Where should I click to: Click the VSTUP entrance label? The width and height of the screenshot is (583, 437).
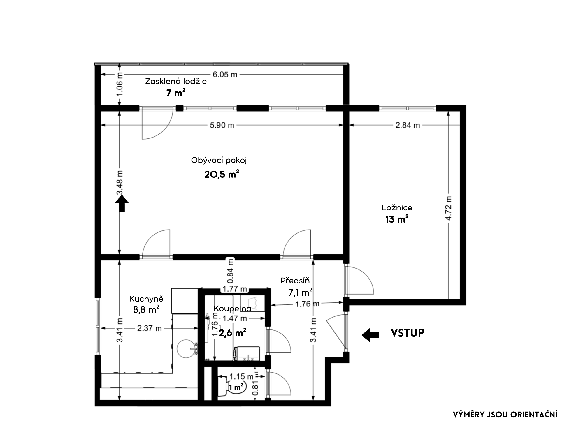point(407,333)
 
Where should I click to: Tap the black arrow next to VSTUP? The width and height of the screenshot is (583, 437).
point(370,335)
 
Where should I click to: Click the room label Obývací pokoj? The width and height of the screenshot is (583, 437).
point(219,161)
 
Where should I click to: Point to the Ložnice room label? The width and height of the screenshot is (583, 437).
point(397,208)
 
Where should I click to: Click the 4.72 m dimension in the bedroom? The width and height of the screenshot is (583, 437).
point(449,208)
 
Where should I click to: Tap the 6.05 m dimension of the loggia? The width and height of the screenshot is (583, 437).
point(225,75)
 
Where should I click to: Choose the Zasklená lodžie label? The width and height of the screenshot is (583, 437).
point(176,81)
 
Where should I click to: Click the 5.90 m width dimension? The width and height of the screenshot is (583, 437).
point(222,125)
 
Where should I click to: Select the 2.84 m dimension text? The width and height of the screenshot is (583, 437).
point(408,125)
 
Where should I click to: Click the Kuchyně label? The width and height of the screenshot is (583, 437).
point(146,299)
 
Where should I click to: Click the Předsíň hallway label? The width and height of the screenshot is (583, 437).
point(295,280)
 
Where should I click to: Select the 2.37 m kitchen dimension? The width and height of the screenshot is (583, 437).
point(149,328)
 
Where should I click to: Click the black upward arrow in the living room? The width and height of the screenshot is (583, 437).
point(122,203)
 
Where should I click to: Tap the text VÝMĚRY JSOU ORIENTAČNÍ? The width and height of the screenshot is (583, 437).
point(505,415)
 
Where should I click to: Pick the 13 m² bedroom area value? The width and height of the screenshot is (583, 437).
point(397,219)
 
